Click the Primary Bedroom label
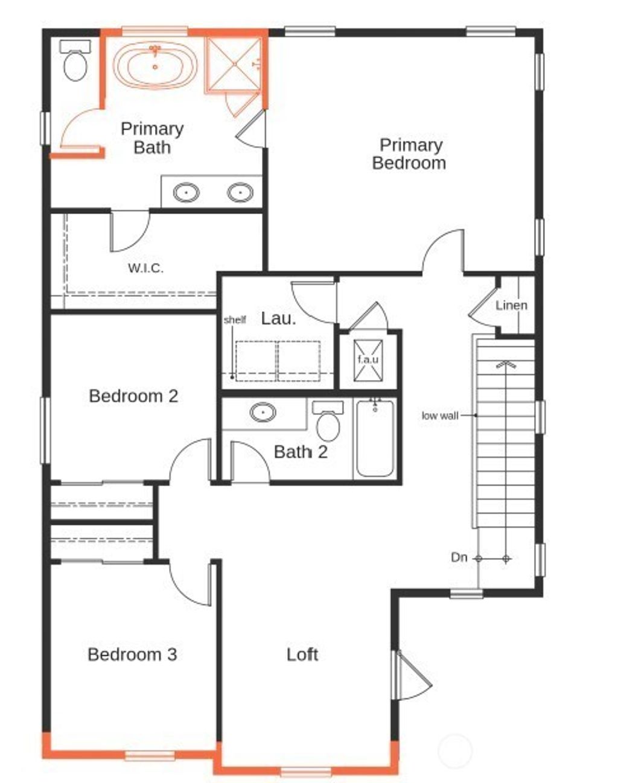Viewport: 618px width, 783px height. point(409,154)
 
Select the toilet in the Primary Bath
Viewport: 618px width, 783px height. point(75,64)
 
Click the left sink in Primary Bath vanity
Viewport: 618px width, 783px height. point(186,192)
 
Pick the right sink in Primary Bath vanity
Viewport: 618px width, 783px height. point(240,192)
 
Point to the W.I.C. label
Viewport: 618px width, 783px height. point(145,268)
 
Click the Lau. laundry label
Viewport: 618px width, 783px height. point(278,319)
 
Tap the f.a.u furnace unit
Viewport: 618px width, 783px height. point(368,360)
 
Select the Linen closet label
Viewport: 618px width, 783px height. point(511,305)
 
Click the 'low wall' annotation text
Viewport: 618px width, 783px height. point(440,416)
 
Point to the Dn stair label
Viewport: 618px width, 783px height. point(459,557)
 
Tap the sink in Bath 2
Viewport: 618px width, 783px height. point(263,413)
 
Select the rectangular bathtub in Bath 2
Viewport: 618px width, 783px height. point(375,439)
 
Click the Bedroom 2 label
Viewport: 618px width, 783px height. point(133,396)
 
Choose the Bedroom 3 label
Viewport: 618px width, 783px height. point(132,655)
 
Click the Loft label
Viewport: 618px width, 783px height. point(302,655)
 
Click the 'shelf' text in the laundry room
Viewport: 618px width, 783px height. point(235,320)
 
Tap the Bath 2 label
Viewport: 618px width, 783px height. point(301,452)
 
